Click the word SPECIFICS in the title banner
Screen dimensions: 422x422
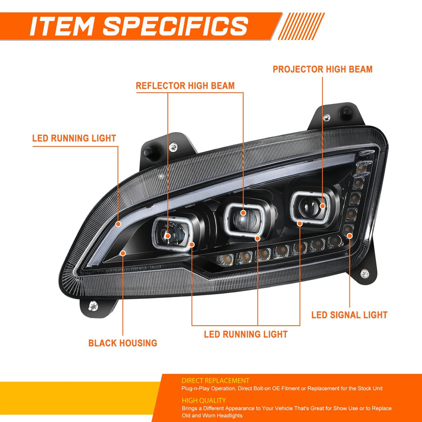[x=176, y=26]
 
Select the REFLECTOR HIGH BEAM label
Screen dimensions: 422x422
[x=185, y=86]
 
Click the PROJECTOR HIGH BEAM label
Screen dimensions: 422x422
[x=322, y=69]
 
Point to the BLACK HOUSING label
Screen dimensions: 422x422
[x=123, y=343]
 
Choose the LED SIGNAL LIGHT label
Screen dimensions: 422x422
[x=349, y=315]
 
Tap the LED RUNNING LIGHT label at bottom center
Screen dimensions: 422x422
[x=246, y=334]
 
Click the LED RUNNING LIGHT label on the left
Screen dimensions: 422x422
[x=74, y=138]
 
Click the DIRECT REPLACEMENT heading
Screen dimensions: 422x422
[x=215, y=380]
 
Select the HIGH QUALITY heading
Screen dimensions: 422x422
[x=204, y=401]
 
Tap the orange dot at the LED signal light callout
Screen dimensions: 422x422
[x=349, y=236]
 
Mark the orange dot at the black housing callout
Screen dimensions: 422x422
[x=123, y=253]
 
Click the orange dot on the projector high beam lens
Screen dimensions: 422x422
[x=322, y=206]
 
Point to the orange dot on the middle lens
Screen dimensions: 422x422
[x=243, y=213]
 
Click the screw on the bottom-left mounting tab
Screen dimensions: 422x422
[x=93, y=306]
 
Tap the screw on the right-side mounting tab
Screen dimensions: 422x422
[x=364, y=274]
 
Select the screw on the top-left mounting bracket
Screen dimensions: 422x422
[x=173, y=147]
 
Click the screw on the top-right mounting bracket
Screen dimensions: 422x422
[x=327, y=117]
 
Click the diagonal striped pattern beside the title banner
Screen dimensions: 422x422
[x=301, y=26]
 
